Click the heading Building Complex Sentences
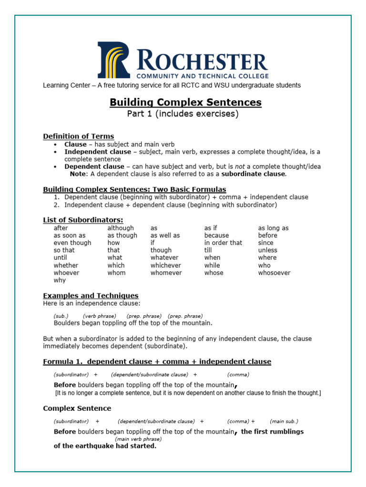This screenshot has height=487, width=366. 185,102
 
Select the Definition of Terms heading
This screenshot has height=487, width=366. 79,136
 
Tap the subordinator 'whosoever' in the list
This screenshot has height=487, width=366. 274,273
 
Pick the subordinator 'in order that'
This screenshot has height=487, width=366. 223,243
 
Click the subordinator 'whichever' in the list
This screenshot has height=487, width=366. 166,265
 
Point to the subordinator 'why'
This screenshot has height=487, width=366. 60,281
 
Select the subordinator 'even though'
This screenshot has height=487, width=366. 72,243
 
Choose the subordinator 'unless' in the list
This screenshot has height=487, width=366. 267,250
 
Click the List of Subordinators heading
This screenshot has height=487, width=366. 83,220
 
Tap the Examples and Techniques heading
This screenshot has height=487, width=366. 91,296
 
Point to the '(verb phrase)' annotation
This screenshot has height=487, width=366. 100,316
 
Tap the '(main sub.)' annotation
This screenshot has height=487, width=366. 284,421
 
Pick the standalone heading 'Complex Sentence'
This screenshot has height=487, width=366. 77,409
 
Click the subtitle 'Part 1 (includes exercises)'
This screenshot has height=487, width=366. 183,114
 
